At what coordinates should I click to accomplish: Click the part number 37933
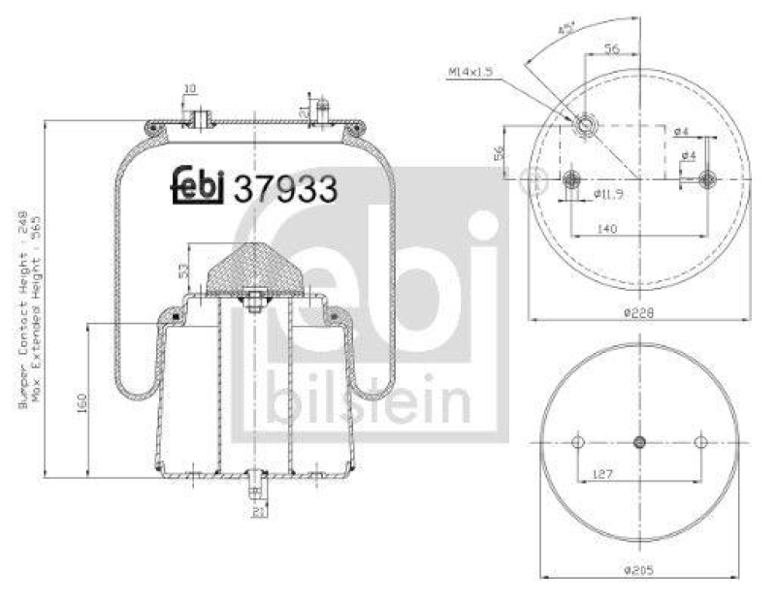[285, 188]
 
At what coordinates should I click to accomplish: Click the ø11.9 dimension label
[607, 193]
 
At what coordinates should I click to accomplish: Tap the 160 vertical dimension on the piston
[82, 400]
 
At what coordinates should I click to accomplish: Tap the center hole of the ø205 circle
[638, 442]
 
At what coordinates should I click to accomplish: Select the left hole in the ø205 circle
[577, 442]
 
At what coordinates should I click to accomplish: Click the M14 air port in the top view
[586, 125]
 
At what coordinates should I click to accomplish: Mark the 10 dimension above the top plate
[190, 89]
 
